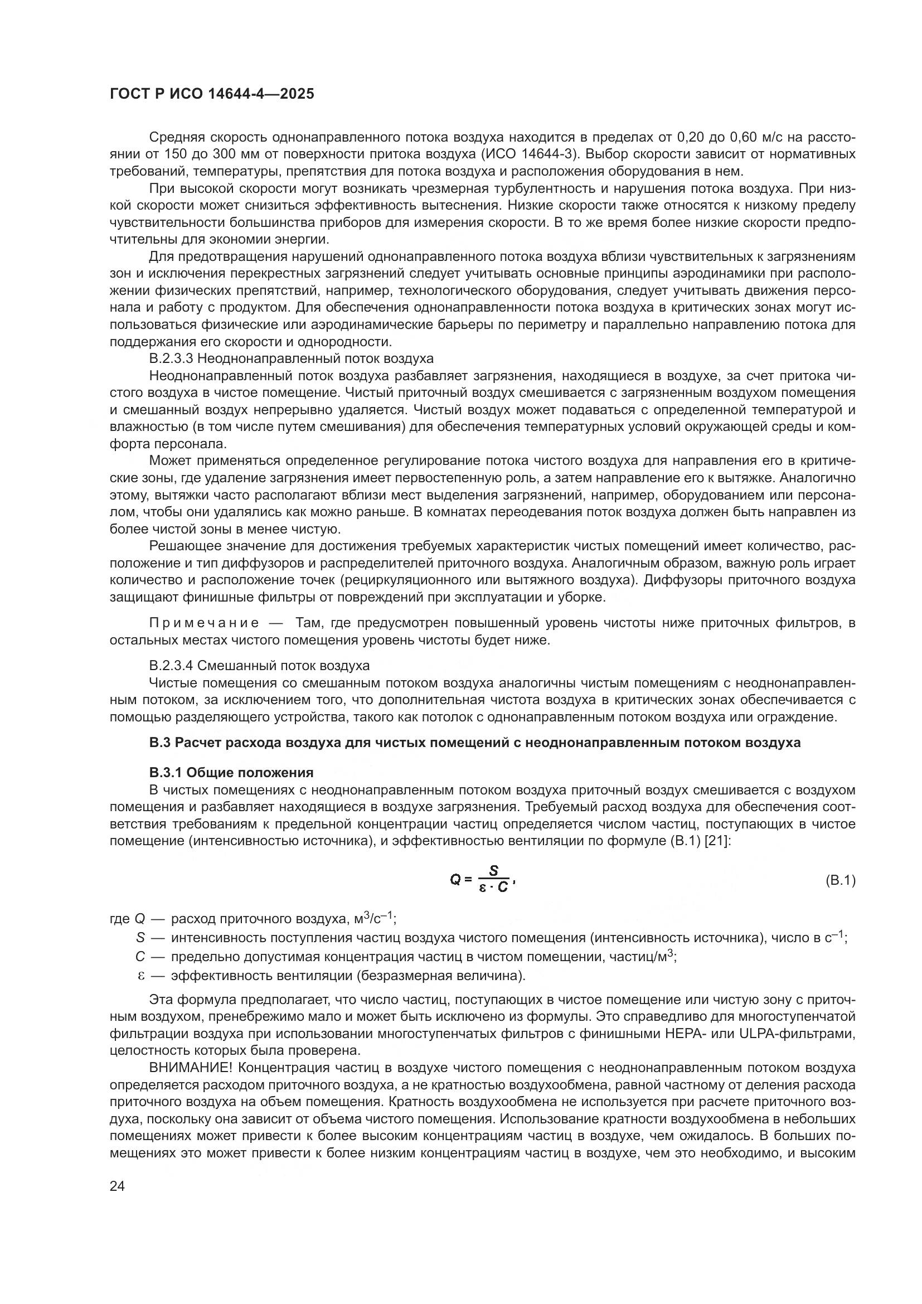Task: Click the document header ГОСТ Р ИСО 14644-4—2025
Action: pos(212,94)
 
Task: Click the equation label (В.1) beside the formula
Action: pos(839,880)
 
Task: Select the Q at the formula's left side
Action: pos(455,880)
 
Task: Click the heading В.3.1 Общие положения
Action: pos(231,772)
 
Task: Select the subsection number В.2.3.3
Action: pos(171,359)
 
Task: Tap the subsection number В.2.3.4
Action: pos(171,665)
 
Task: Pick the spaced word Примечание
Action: pos(205,623)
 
